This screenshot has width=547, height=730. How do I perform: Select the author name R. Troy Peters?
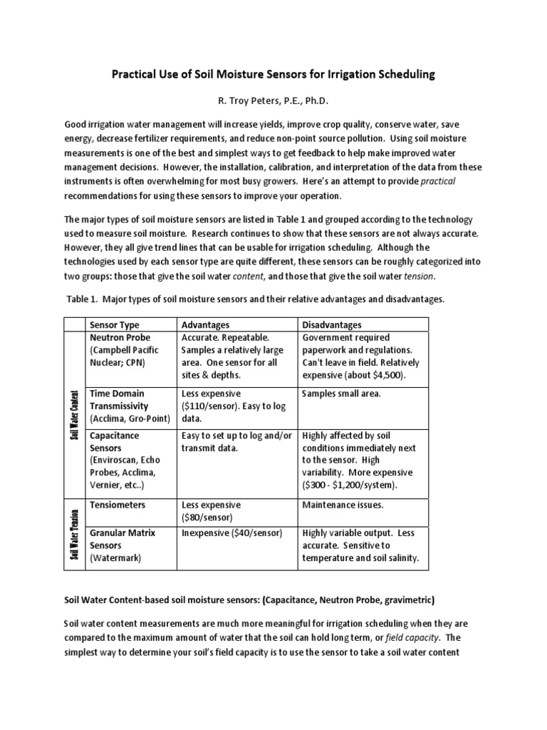click(273, 101)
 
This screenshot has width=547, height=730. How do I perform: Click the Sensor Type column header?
click(115, 325)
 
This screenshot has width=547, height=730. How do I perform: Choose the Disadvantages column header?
click(332, 325)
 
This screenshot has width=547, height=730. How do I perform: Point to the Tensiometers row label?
click(118, 504)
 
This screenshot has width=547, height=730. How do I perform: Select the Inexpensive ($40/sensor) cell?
click(232, 533)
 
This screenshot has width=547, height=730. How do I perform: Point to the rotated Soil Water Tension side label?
click(74, 532)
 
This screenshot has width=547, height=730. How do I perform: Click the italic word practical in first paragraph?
click(438, 182)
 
